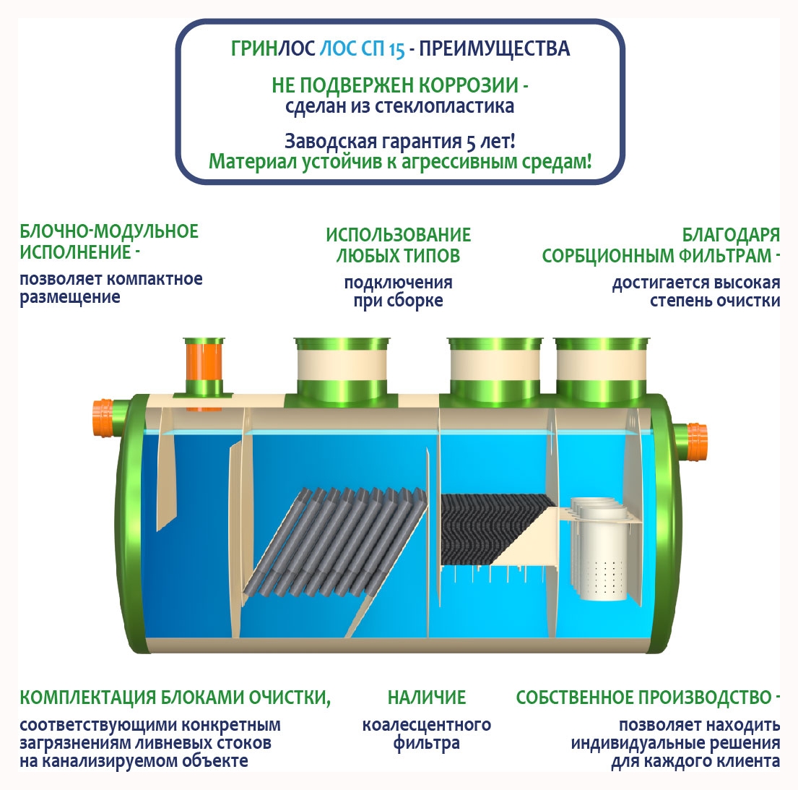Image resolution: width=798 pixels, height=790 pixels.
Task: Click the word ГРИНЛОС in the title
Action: click(273, 49)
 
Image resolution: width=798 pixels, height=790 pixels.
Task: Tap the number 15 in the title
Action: click(397, 49)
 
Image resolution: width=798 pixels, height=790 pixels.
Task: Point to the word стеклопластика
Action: click(444, 106)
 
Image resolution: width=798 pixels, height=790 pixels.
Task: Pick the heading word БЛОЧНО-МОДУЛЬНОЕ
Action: click(109, 231)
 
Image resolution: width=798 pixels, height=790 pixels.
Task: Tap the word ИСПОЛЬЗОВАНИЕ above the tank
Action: click(399, 235)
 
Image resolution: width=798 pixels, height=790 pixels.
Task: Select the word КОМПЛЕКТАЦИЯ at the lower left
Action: click(87, 697)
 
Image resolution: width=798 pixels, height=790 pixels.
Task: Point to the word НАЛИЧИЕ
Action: click(427, 697)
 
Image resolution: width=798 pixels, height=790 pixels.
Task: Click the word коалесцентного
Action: click(427, 724)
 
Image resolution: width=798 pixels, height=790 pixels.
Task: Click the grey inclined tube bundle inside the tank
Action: click(335, 543)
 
